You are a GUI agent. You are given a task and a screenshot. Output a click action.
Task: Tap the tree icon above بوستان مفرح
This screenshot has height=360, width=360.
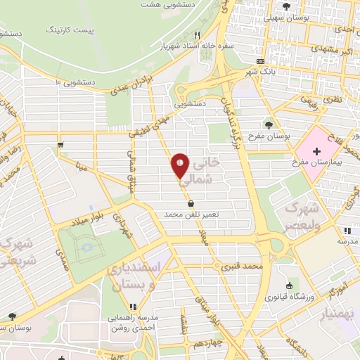(x=269, y=124)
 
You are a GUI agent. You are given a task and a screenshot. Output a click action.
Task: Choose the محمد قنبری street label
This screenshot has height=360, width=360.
(x=241, y=267)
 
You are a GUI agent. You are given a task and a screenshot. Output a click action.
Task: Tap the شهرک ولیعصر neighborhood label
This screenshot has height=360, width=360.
(x=301, y=217)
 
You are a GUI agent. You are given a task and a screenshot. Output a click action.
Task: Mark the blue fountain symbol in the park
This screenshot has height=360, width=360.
(x=86, y=247)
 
